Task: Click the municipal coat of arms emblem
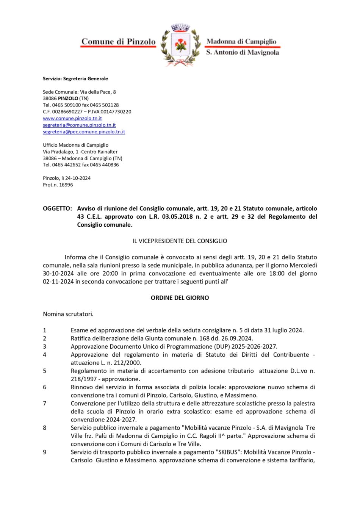tap(180, 45)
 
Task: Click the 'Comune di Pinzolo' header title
tap(118, 42)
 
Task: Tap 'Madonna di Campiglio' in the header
tap(241, 41)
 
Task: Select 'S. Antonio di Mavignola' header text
tap(243, 52)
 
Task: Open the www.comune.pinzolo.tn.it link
tap(72, 118)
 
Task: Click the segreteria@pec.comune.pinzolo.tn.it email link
tap(84, 132)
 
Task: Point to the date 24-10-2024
tap(78, 178)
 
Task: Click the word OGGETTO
tap(57, 208)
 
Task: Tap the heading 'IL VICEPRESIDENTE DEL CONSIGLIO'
tap(180, 241)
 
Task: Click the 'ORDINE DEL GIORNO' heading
tap(180, 298)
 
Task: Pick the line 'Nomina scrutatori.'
tap(68, 314)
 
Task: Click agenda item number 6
tap(45, 387)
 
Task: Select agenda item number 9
tap(45, 452)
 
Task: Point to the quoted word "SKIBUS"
tap(229, 452)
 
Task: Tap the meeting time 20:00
tap(110, 274)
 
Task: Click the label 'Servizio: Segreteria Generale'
tap(75, 79)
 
